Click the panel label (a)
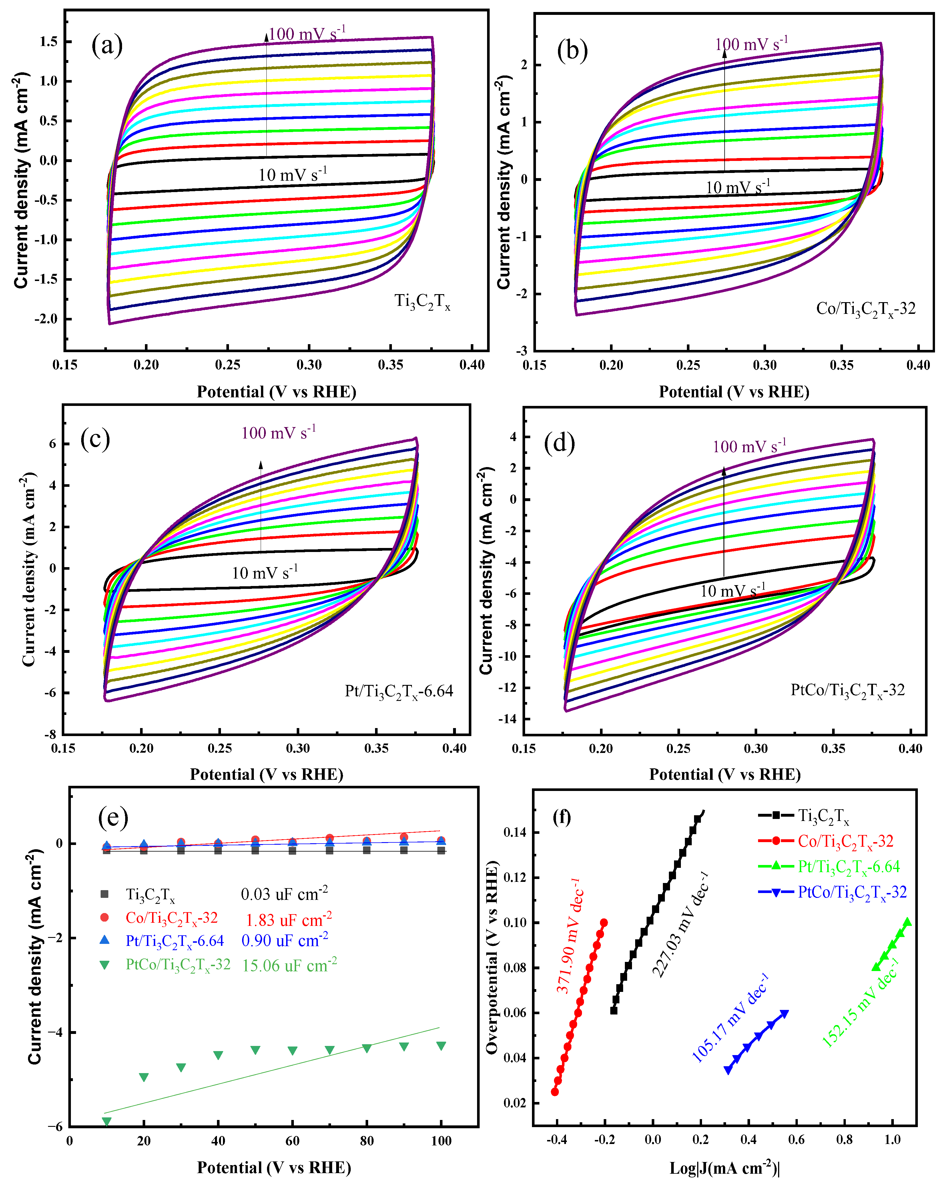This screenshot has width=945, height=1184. click(107, 45)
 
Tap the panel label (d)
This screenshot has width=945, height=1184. click(559, 442)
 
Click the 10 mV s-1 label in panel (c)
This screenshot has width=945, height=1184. click(265, 573)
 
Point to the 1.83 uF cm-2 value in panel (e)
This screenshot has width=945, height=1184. click(288, 920)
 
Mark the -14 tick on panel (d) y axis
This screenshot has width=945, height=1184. click(507, 719)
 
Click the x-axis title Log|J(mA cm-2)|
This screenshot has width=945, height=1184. click(724, 1167)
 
